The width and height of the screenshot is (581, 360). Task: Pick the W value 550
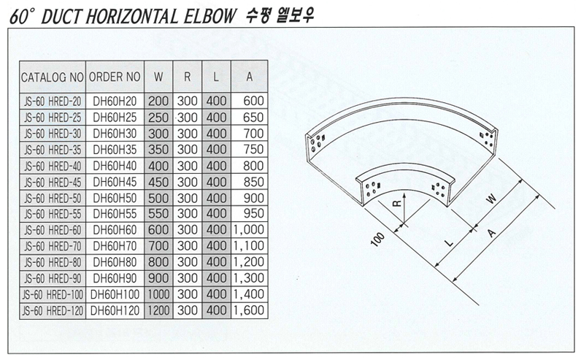click(158, 214)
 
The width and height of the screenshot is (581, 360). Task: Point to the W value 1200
click(158, 310)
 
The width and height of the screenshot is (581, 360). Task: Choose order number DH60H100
click(115, 294)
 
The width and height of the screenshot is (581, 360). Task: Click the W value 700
click(158, 246)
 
